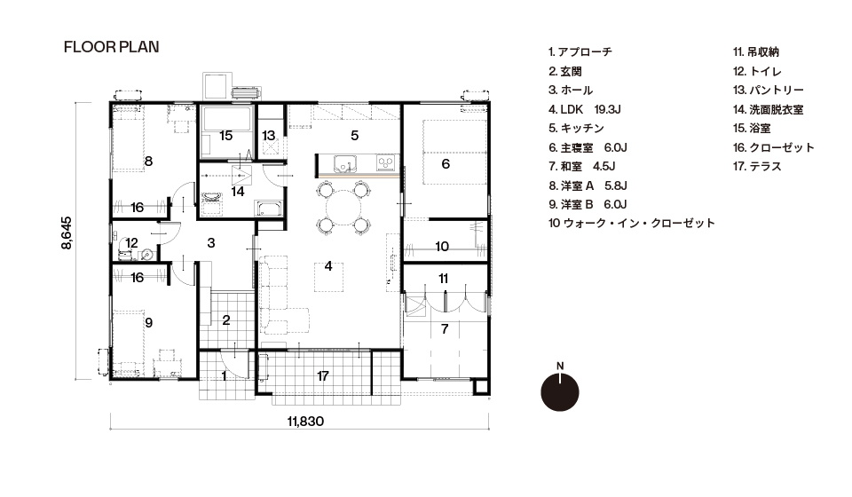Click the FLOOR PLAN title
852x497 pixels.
click(112, 47)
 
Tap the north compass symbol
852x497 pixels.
click(560, 389)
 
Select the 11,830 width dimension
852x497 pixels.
click(305, 422)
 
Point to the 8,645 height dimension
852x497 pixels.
click(67, 233)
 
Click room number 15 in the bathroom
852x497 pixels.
click(226, 135)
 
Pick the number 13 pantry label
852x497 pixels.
click(268, 135)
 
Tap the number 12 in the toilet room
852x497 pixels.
click(131, 243)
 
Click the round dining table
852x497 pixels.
click(343, 208)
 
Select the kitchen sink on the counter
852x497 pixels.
click(343, 162)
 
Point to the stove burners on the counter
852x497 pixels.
click(385, 162)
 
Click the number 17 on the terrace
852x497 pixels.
click(323, 376)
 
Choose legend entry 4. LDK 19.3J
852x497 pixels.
click(585, 109)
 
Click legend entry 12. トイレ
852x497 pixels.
click(757, 71)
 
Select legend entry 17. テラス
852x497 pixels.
click(757, 166)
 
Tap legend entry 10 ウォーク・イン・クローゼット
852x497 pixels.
click(631, 224)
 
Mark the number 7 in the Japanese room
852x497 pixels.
click(445, 328)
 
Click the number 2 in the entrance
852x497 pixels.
click(226, 320)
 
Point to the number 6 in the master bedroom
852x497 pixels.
click(446, 164)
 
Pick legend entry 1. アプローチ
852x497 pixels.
click(580, 52)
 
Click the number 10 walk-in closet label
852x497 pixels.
click(442, 247)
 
